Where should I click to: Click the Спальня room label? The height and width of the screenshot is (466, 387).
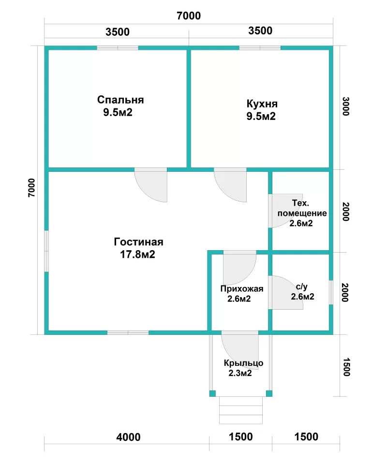[x=120, y=100]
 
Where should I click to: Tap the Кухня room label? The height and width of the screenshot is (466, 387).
[x=262, y=104]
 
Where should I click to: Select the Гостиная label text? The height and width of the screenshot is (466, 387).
[x=138, y=242]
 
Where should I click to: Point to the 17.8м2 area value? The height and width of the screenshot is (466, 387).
[x=137, y=255]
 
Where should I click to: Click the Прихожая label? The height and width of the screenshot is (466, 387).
[x=242, y=289]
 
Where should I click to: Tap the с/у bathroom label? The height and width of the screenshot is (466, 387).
[x=302, y=287]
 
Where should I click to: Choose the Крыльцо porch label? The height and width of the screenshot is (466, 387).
[x=243, y=363]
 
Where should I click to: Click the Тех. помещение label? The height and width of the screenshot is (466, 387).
[x=302, y=208]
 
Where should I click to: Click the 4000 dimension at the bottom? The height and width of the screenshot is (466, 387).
[x=128, y=437]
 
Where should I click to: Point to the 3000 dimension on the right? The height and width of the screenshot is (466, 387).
[x=346, y=106]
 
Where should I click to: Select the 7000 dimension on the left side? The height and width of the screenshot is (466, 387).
[x=31, y=188]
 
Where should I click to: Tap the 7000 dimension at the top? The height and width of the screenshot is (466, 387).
[x=189, y=15]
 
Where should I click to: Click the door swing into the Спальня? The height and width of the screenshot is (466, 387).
[x=151, y=185]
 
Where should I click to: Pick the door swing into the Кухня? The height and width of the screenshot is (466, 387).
[x=230, y=185]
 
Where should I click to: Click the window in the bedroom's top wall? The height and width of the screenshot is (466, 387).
[x=118, y=48]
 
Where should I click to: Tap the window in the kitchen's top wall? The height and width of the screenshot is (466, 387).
[x=260, y=48]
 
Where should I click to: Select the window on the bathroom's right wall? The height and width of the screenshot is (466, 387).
[x=331, y=292]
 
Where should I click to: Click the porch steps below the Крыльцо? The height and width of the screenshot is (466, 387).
[x=241, y=410]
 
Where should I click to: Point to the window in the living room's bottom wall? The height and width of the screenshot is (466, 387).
[x=128, y=332]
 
